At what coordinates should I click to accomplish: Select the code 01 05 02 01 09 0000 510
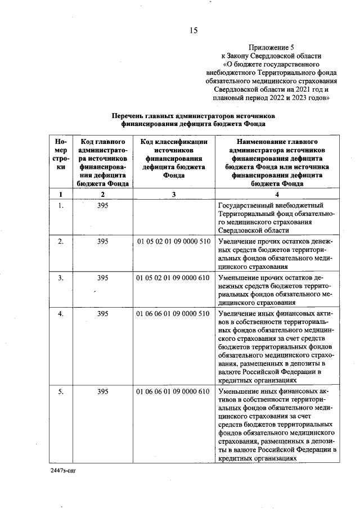tap(173, 241)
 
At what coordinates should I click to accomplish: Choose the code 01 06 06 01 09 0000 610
tap(173, 391)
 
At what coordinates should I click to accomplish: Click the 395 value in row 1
tap(102, 205)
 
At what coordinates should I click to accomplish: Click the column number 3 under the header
tap(174, 194)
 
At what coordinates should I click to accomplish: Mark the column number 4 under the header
tap(278, 194)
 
